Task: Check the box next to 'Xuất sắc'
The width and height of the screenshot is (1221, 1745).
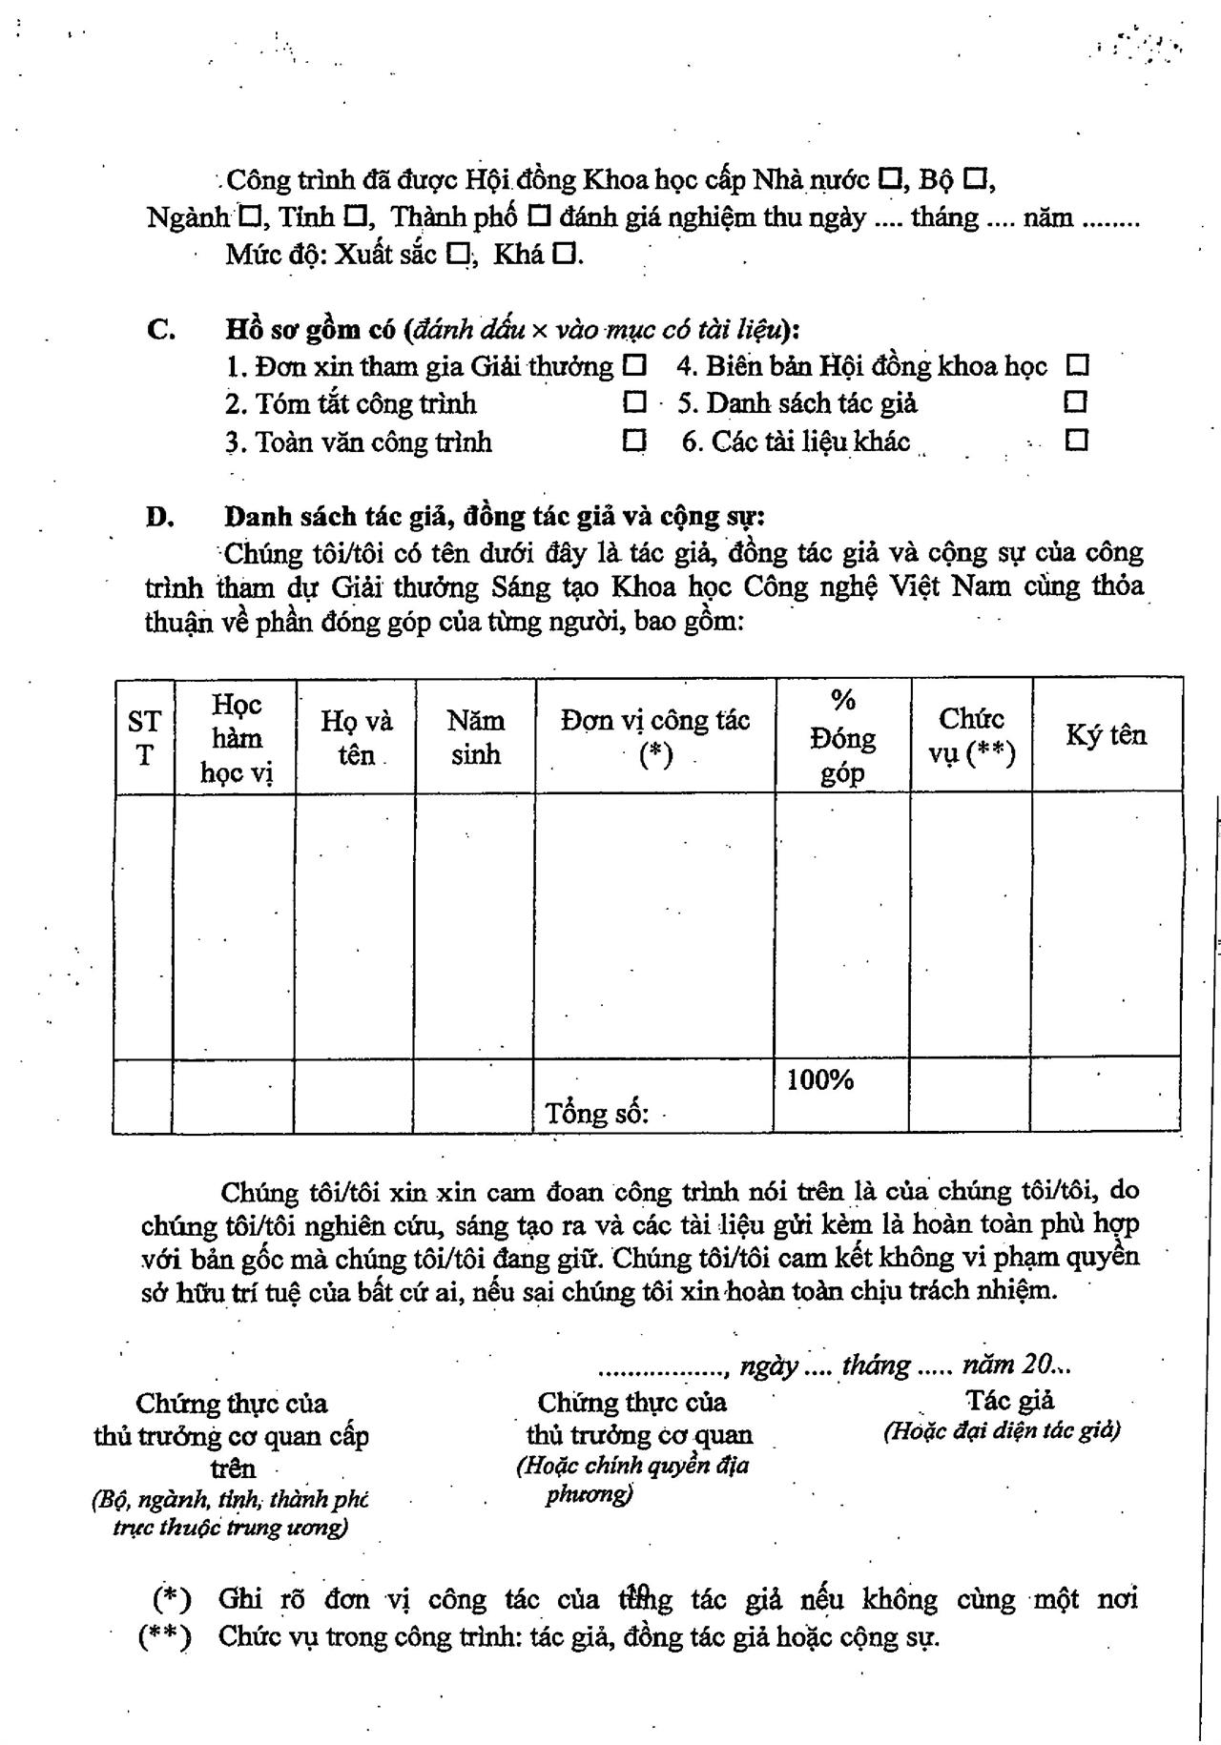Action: point(459,255)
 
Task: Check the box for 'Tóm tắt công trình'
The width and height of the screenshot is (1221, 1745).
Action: point(634,402)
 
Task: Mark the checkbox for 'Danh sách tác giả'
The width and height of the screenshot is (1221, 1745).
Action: point(1075,402)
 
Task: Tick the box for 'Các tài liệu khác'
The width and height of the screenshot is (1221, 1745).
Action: point(1077,441)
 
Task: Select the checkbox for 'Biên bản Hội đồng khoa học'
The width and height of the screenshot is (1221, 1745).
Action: point(1078,365)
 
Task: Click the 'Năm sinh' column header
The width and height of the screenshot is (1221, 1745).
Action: point(475,737)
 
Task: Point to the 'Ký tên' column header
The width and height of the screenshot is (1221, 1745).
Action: point(1107,735)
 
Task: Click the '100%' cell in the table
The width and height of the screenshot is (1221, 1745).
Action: point(820,1080)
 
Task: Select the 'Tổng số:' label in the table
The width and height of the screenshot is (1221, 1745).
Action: point(597,1113)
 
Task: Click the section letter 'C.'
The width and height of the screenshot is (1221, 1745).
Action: point(161,330)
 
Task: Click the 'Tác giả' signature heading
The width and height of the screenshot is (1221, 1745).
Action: point(1010,1400)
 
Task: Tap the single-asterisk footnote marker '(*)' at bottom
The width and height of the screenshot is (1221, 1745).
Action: point(172,1598)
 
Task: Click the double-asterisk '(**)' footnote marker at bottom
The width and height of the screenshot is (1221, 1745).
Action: point(165,1637)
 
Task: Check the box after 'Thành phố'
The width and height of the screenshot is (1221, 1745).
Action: point(539,216)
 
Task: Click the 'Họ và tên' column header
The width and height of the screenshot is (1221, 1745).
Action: point(356,737)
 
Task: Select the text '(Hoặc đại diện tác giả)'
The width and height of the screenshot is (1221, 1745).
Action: point(1002,1430)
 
